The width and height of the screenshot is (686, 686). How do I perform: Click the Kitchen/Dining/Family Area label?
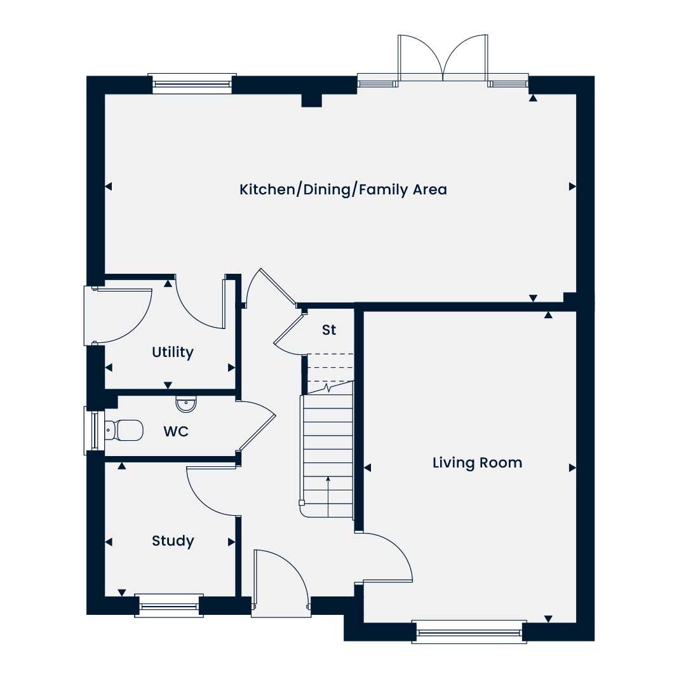(343, 189)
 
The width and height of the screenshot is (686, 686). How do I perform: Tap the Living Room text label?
(477, 463)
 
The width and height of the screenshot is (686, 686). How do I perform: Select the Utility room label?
(172, 352)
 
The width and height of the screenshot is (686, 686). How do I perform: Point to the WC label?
(176, 431)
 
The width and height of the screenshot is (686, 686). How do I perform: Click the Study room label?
(173, 541)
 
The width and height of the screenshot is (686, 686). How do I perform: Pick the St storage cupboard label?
(329, 330)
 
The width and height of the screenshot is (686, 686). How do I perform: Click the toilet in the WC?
(124, 431)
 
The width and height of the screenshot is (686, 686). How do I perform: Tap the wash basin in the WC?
(186, 404)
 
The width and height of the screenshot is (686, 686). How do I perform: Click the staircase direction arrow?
(328, 497)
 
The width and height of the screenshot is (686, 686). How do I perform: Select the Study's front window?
(169, 606)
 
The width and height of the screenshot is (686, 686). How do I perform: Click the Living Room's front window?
(469, 632)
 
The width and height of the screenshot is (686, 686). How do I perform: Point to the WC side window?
(93, 431)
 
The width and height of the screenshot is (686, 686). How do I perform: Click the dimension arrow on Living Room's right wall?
(572, 467)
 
